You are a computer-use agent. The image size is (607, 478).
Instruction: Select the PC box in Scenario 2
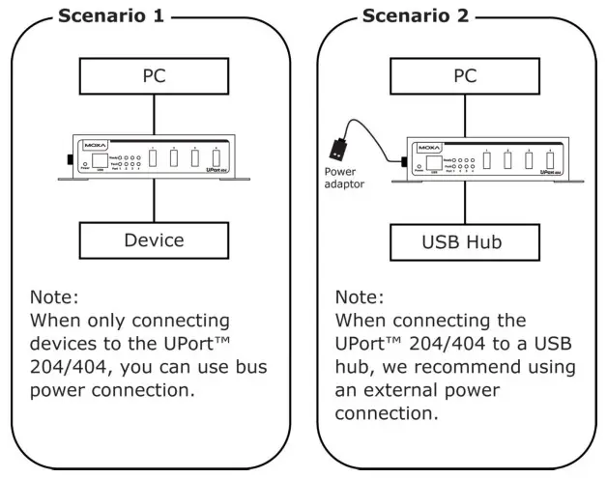tap(465, 75)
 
